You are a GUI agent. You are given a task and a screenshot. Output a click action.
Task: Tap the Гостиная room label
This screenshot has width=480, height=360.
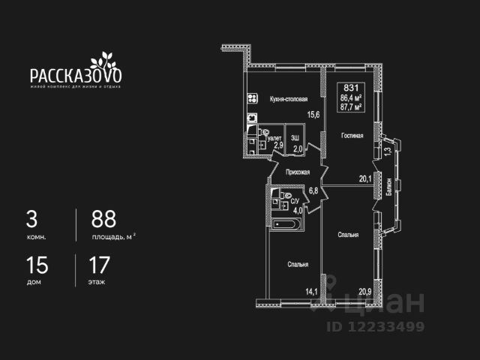(352, 136)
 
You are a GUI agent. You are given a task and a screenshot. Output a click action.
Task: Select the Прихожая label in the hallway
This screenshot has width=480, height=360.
(298, 172)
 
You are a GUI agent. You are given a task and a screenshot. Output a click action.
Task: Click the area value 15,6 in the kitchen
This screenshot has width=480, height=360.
(313, 114)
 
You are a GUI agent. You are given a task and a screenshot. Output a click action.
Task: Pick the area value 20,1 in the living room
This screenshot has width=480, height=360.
(365, 178)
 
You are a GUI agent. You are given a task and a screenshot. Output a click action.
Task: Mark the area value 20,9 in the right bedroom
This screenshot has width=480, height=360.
(365, 292)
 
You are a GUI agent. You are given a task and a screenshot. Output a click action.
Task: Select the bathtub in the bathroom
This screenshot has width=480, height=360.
(287, 224)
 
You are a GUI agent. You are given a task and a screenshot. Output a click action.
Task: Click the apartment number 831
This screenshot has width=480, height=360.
(351, 88)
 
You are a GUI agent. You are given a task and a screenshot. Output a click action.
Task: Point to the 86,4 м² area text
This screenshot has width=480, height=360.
(352, 97)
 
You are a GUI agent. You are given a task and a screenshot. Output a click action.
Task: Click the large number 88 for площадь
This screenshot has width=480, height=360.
(104, 219)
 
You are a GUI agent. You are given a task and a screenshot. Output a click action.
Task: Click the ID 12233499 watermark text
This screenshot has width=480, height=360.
(375, 326)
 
